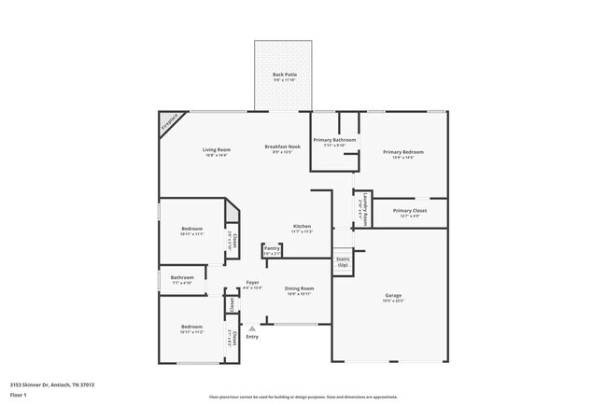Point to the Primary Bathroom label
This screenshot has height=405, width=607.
(334, 140)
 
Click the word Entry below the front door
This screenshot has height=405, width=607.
(252, 337)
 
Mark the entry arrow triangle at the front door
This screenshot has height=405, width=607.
(251, 328)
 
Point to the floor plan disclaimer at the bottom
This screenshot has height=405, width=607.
(303, 397)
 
